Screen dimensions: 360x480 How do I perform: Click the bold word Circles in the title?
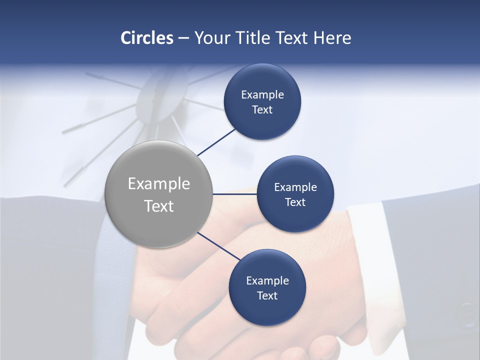[146, 38]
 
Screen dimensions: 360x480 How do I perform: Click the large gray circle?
[158, 194]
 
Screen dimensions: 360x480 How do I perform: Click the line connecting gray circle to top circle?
[216, 141]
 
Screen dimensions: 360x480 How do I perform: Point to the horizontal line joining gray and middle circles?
[234, 194]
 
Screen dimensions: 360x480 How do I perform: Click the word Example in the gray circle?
[158, 184]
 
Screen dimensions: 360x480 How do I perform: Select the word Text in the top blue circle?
[262, 110]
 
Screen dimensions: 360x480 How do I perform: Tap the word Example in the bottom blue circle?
[267, 281]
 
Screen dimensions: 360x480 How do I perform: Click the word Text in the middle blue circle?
[295, 202]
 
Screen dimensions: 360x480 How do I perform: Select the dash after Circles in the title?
[183, 38]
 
